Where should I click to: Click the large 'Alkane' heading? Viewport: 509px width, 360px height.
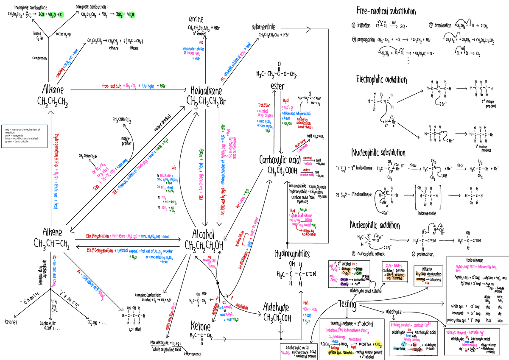pos(53,90)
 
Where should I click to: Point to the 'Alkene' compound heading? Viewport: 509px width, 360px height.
pos(52,232)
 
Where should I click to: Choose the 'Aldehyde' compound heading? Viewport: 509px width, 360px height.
pos(278,306)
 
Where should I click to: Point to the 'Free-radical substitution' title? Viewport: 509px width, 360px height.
pos(386,11)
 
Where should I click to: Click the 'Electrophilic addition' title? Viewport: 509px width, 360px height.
pos(382,80)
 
